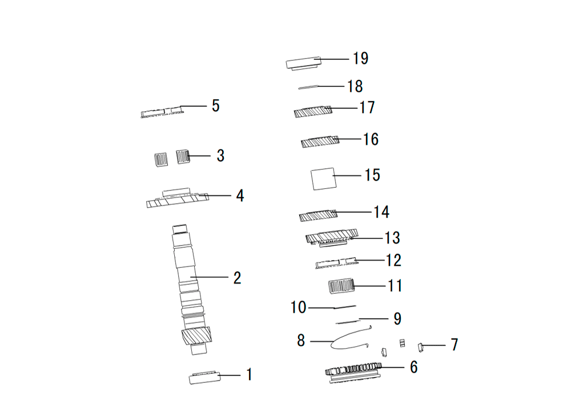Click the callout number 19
tap(360, 59)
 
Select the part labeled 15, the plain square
tap(323, 179)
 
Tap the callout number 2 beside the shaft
tap(237, 278)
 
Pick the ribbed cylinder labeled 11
tap(341, 286)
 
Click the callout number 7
tap(454, 345)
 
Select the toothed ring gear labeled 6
tap(353, 372)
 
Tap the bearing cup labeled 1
tap(204, 377)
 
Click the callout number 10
tap(298, 308)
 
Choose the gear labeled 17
tap(313, 111)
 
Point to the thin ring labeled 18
tap(308, 87)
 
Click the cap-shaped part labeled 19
tap(303, 63)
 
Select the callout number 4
tap(240, 196)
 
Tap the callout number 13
tap(392, 238)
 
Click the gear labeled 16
tap(320, 142)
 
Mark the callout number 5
tap(216, 106)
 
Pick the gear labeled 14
tap(318, 216)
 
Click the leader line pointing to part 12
tap(369, 260)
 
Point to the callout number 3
tap(220, 156)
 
